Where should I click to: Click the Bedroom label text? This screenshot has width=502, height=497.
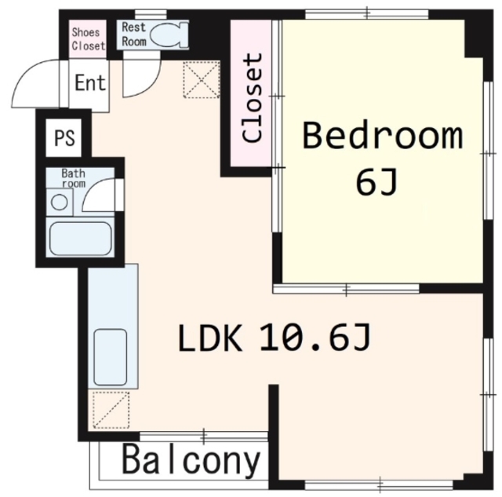click(383, 136)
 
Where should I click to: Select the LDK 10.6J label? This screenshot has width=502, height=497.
click(274, 338)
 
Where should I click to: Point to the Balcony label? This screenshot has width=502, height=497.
click(191, 461)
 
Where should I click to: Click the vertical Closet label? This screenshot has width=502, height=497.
click(253, 97)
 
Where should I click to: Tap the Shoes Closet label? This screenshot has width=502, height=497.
click(88, 39)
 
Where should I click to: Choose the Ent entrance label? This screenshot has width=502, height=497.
click(90, 83)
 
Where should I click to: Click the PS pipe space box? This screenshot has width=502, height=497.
click(64, 137)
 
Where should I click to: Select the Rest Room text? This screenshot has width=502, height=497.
click(134, 35)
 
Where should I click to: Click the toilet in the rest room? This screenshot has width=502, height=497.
click(169, 35)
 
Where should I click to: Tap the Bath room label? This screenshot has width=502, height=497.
click(74, 178)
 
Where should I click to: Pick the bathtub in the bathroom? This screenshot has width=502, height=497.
click(80, 239)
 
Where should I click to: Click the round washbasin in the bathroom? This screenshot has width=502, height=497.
click(60, 203)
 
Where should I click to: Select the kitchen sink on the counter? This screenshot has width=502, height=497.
click(110, 357)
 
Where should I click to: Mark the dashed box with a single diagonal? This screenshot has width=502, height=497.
click(111, 410)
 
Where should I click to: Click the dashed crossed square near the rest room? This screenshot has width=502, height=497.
click(202, 80)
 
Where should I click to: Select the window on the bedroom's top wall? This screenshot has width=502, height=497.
click(366, 14)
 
